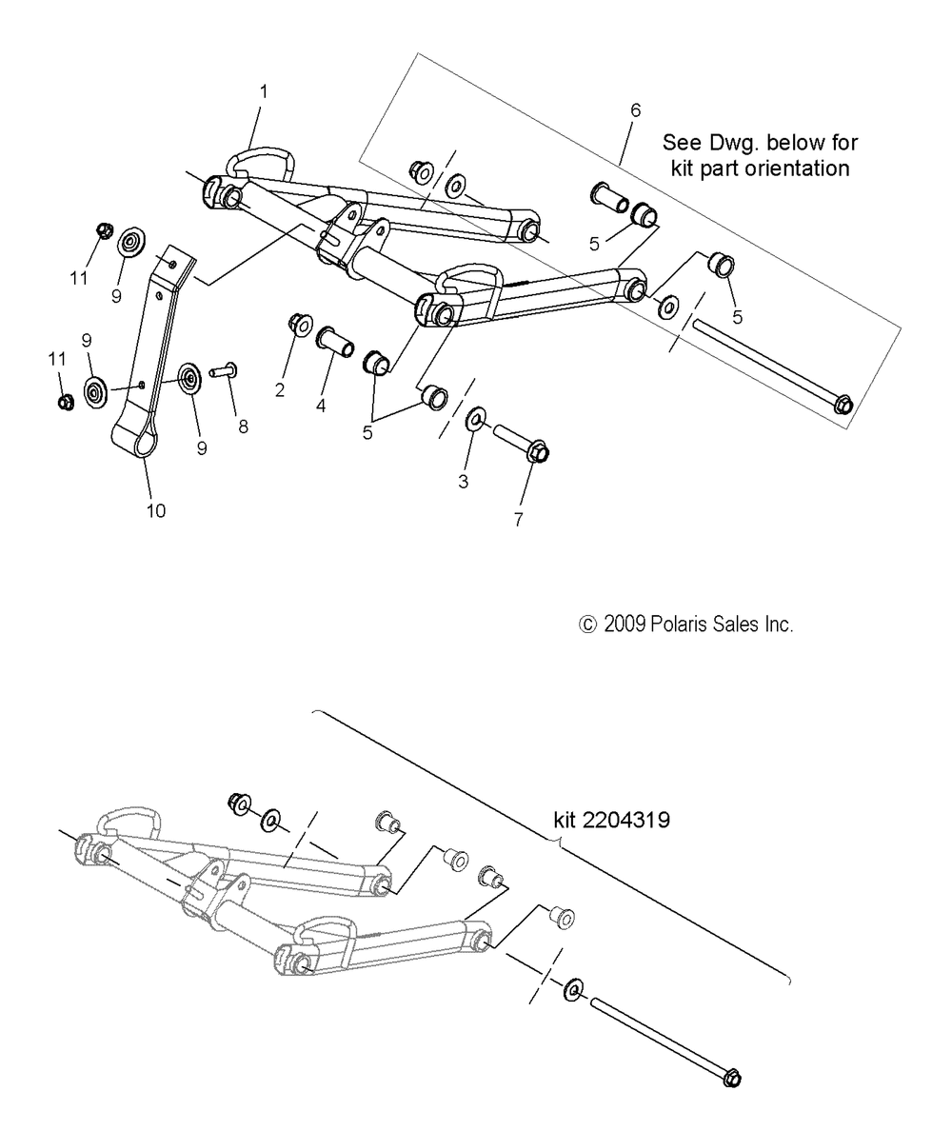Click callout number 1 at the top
tap(264, 91)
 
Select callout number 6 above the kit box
tap(636, 110)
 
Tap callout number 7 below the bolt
tap(518, 520)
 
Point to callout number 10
tap(156, 511)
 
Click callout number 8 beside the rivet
tap(243, 427)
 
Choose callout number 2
tap(280, 389)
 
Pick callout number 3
tap(464, 482)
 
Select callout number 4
tap(321, 407)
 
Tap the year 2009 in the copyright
tap(624, 625)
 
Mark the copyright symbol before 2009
tap(587, 625)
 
